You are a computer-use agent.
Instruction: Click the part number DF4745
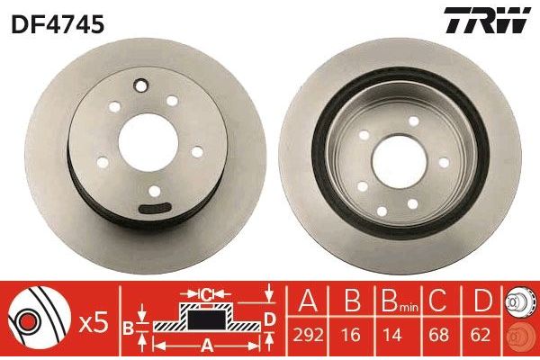tap(58, 23)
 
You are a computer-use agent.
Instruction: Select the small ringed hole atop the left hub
tap(140, 87)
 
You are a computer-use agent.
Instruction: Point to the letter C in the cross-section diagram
tap(206, 292)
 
